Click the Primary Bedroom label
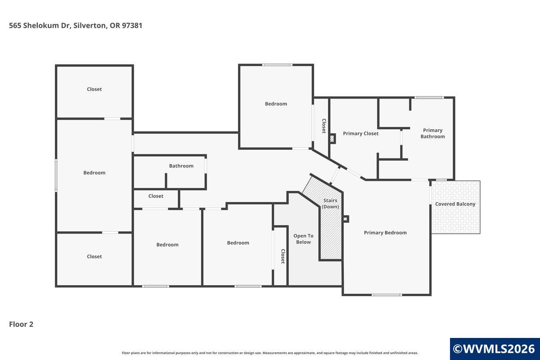tap(385, 233)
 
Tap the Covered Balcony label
tap(455, 204)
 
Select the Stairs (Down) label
tap(330, 203)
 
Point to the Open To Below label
tap(303, 239)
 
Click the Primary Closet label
tap(360, 134)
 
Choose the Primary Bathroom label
tap(433, 133)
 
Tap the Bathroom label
tap(181, 166)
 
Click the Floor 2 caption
tap(21, 324)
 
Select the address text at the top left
tap(76, 25)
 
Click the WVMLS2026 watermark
tap(494, 349)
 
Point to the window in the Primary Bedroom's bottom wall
tap(387, 295)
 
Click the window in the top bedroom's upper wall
tap(277, 65)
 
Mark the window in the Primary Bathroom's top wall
tap(429, 98)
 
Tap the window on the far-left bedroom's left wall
tap(56, 175)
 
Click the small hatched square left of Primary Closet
tap(332, 139)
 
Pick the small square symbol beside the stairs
tap(346, 219)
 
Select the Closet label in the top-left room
tap(94, 89)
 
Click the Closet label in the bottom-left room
tap(94, 256)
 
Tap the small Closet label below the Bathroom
tap(156, 196)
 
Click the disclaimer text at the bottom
tap(270, 353)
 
